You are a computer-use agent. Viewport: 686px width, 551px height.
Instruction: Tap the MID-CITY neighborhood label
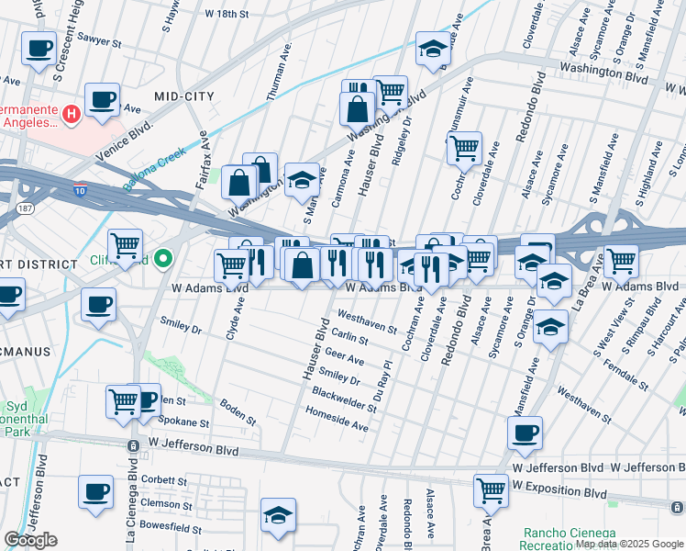(183, 96)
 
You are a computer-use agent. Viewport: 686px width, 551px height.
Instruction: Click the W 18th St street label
(227, 15)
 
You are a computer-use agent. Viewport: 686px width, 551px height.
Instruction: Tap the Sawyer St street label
(99, 42)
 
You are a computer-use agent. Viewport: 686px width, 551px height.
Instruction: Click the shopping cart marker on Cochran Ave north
(465, 147)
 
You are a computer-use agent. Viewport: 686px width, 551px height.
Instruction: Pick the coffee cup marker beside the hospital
(102, 99)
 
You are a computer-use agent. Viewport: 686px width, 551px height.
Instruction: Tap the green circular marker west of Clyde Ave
(164, 260)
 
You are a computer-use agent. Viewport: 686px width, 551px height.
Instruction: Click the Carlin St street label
(349, 338)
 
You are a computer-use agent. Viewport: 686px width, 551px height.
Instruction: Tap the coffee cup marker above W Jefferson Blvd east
(525, 433)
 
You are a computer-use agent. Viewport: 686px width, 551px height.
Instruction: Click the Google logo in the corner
(31, 540)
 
